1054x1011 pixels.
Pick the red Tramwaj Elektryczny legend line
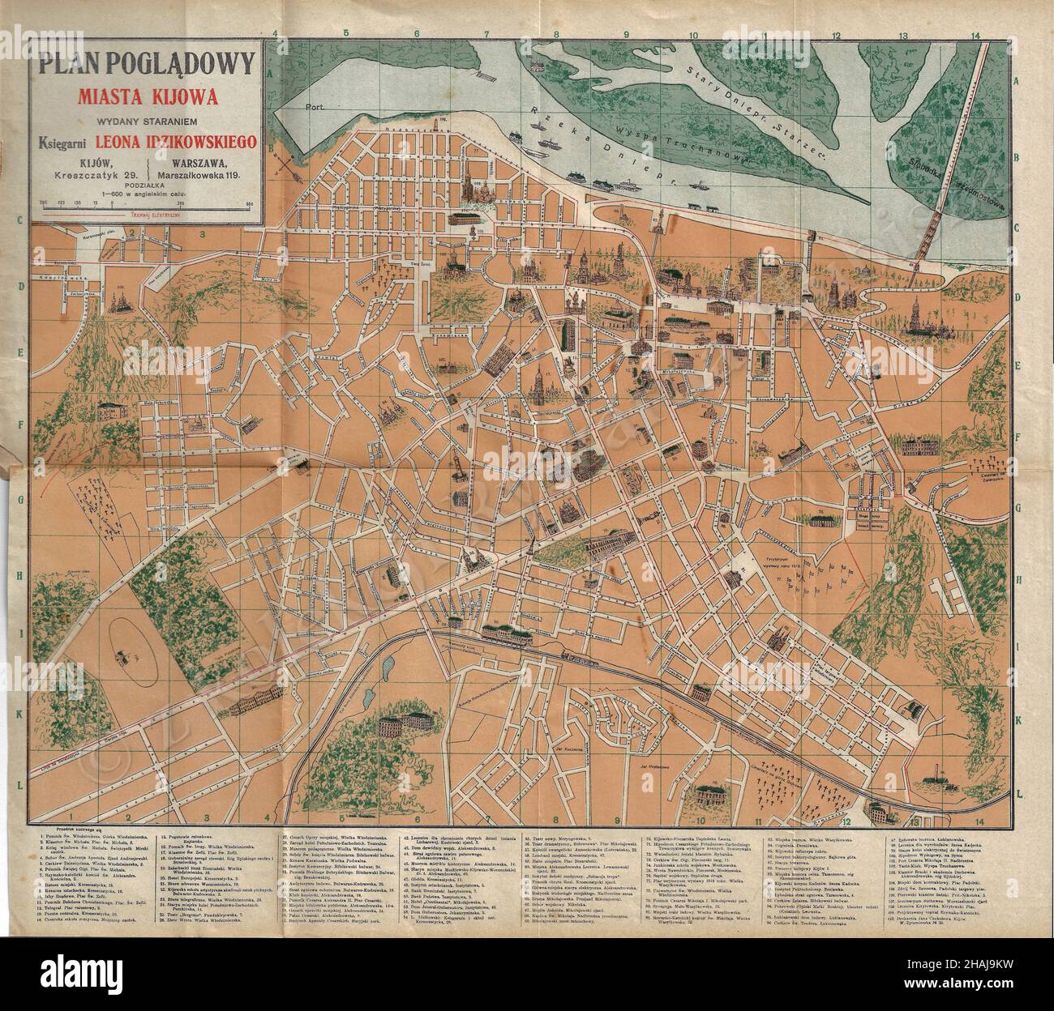[147, 217]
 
